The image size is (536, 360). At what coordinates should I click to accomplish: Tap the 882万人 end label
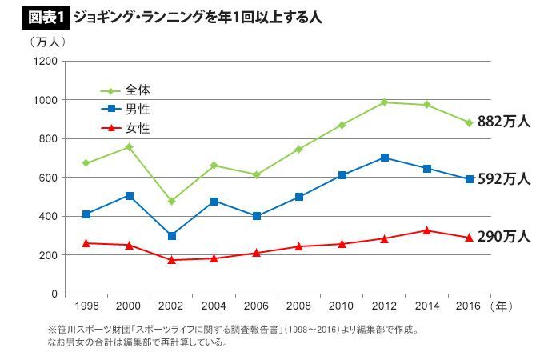[x=503, y=122]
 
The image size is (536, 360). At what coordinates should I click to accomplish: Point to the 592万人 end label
[x=503, y=179]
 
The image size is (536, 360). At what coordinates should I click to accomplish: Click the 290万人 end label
[x=503, y=237]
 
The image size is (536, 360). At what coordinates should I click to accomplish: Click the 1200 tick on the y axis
[x=45, y=62]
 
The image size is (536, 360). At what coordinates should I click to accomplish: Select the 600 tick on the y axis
[x=47, y=178]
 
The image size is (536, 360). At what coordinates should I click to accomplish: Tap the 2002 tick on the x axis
[x=171, y=306]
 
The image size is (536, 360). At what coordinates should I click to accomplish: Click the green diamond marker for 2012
[x=385, y=102]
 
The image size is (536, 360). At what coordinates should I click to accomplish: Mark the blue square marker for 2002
[x=171, y=236]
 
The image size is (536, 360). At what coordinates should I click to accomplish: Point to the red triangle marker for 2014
[x=427, y=230]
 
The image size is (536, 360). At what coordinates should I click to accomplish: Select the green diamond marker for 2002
[x=171, y=202]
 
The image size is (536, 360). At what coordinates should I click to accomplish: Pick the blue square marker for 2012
[x=385, y=158]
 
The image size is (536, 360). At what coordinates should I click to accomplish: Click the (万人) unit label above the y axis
[x=47, y=41]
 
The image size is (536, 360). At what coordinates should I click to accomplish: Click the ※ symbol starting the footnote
[x=53, y=329]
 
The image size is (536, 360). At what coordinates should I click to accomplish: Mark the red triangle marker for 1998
[x=86, y=242]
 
